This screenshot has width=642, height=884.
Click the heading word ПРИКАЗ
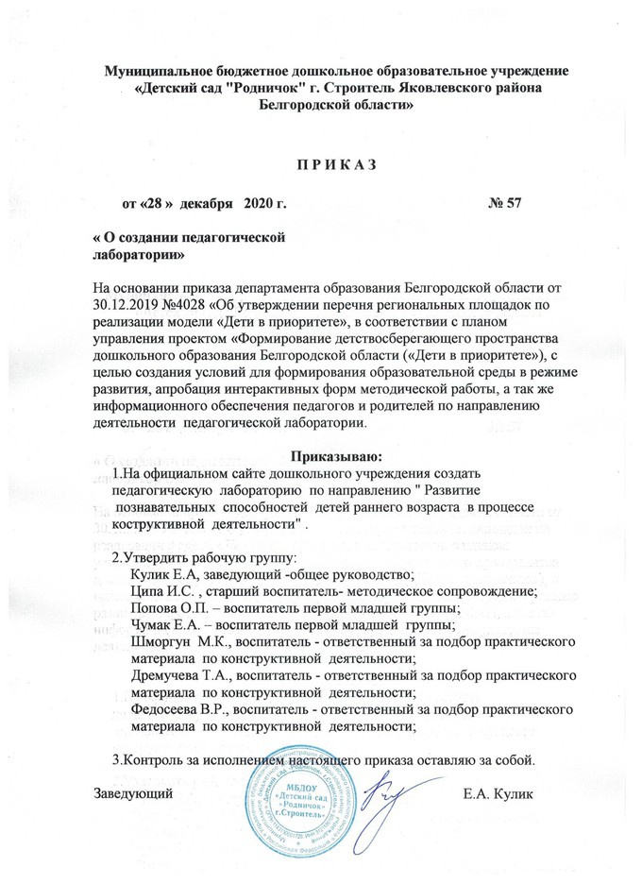[x=337, y=167]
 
